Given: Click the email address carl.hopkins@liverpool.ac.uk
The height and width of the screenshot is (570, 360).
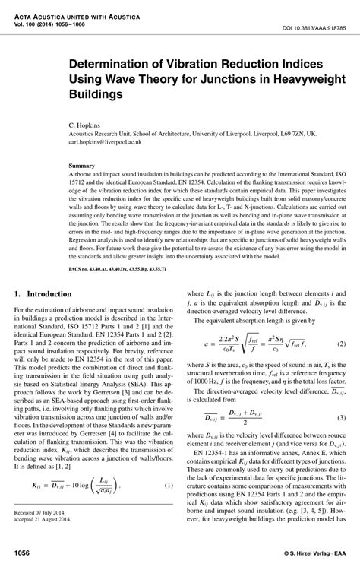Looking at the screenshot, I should coord(108,141).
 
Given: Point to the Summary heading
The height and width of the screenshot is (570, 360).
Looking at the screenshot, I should coord(81,164).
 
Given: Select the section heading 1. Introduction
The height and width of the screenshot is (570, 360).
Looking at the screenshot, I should coord(51,271).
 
